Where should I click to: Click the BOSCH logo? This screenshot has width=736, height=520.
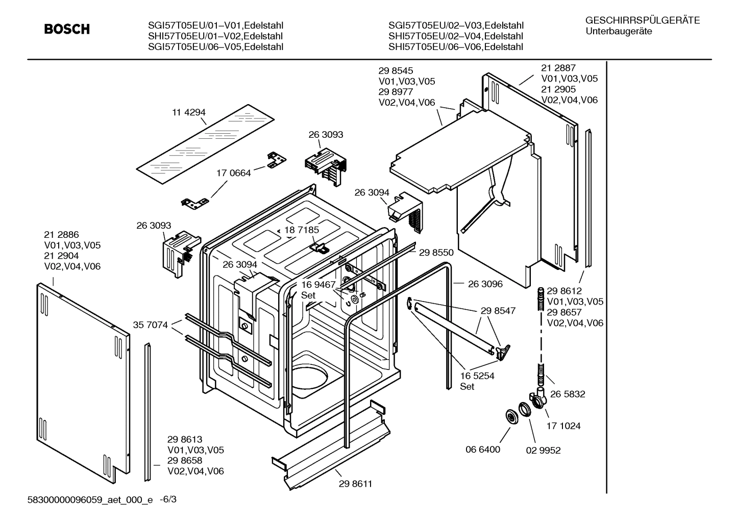tap(67, 30)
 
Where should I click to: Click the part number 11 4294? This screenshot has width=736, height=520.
tap(189, 113)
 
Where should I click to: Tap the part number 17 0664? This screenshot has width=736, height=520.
tap(234, 173)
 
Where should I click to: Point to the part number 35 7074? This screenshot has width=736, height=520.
tap(151, 325)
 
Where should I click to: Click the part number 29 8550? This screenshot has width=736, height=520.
tap(436, 252)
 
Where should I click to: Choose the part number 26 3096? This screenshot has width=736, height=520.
tap(485, 284)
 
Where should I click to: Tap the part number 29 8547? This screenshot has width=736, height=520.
tap(498, 310)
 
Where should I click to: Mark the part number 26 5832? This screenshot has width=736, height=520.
tap(568, 394)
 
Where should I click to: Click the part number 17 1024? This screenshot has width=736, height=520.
tap(563, 426)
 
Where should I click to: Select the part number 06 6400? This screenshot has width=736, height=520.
tap(483, 450)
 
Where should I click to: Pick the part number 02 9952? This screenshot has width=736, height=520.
tap(543, 450)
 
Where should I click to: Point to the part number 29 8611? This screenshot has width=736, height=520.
tap(355, 484)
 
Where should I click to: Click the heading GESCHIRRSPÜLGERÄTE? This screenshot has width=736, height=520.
tap(643, 20)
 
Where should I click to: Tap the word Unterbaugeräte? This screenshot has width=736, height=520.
tap(619, 31)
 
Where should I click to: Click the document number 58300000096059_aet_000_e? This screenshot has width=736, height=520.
tap(90, 501)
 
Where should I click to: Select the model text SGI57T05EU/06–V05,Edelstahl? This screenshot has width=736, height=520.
tap(215, 47)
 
